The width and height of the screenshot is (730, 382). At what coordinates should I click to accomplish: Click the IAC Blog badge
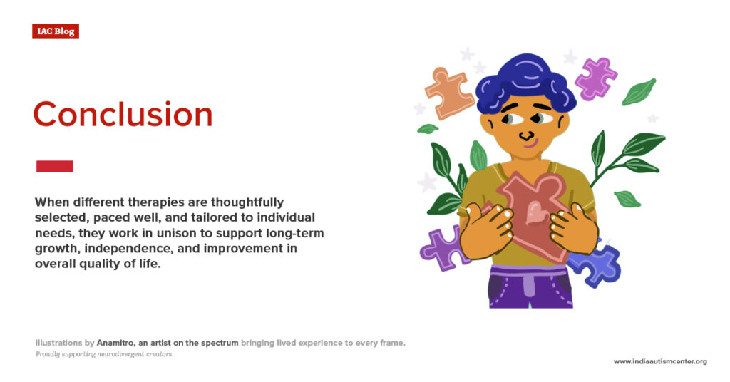coord(55,31)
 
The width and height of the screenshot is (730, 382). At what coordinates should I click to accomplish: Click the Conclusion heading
coord(123,115)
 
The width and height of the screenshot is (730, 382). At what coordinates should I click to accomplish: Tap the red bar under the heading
coord(54,166)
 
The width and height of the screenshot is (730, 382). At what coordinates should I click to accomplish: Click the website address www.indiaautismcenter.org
coord(659,361)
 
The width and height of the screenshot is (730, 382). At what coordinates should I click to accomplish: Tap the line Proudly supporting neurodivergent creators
coord(104,354)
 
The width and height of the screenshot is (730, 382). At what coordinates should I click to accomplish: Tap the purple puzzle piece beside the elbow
coord(440,247)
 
